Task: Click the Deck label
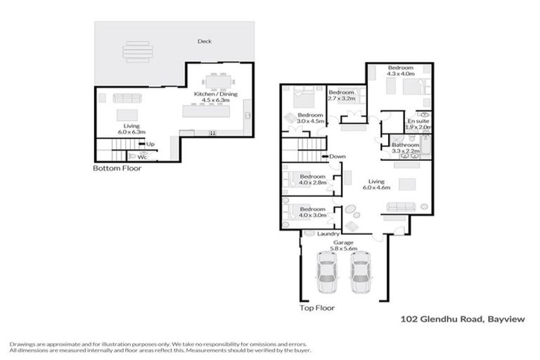click(205, 41)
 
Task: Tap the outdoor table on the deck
click(136, 51)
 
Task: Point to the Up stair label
click(150, 144)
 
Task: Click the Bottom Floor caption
click(117, 169)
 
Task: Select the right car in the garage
click(360, 273)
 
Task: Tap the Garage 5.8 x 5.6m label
click(345, 245)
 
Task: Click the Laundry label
click(328, 233)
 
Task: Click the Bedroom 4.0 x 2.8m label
click(312, 179)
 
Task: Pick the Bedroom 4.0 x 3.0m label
click(312, 212)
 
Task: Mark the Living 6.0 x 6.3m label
click(130, 129)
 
